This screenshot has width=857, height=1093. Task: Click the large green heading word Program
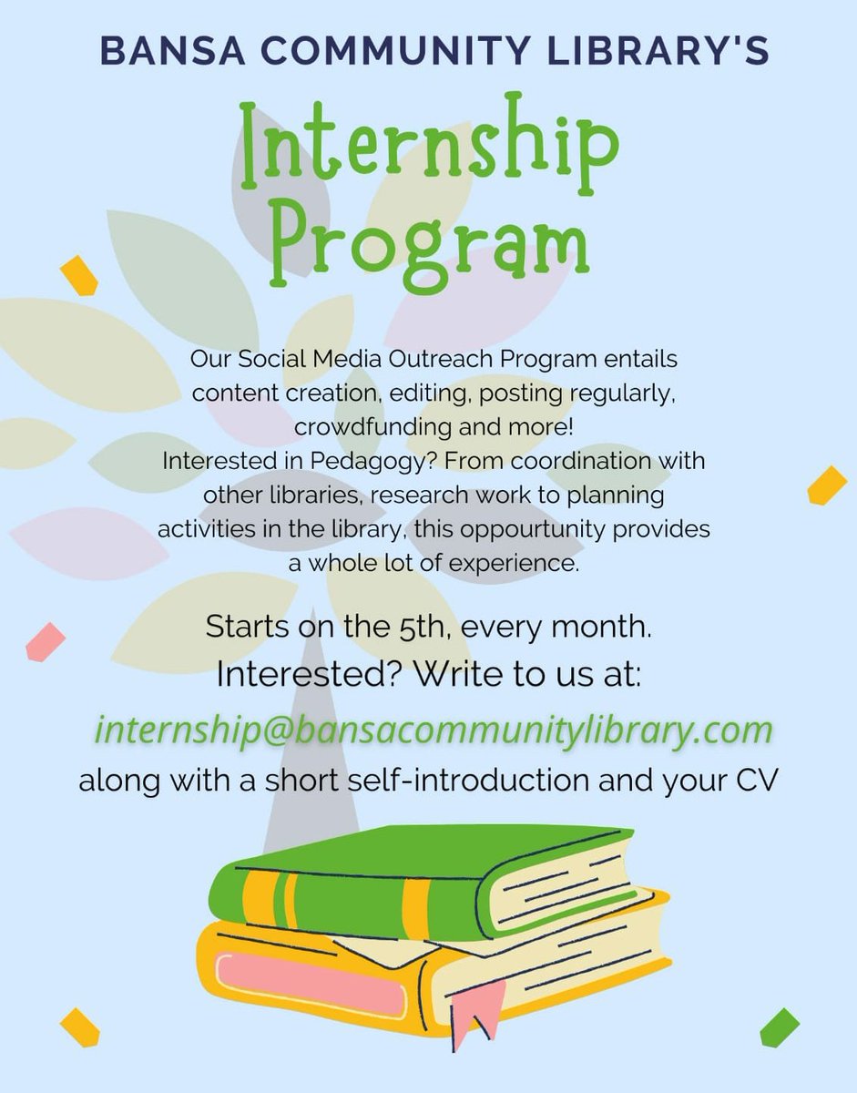point(429,234)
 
